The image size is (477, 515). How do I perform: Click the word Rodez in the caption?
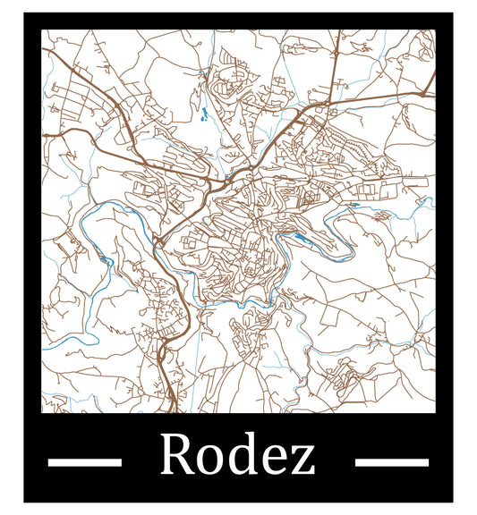237,456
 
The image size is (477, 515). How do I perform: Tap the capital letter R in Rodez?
177,455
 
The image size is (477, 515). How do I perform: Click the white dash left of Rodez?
84,462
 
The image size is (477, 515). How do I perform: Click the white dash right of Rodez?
392,462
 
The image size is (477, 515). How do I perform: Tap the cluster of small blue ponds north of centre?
205,114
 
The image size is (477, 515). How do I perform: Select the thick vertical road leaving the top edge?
336,45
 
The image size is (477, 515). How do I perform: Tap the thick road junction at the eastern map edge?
429,89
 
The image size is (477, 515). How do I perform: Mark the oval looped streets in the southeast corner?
345,376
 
